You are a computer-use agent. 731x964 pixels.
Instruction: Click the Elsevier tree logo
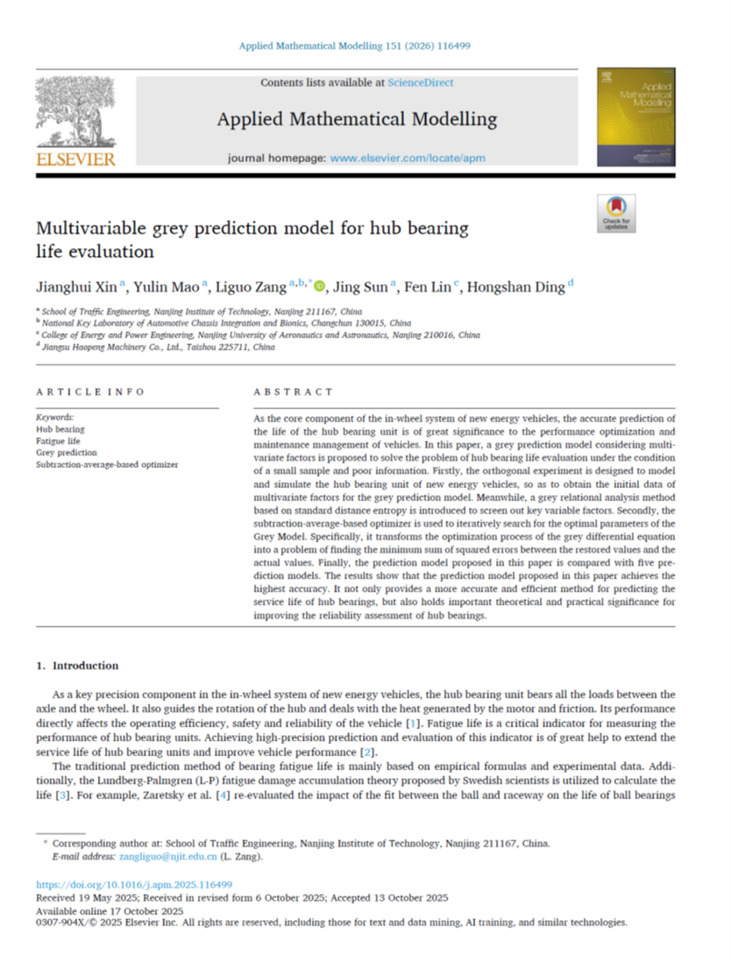click(75, 114)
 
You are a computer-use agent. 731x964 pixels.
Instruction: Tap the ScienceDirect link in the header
click(421, 83)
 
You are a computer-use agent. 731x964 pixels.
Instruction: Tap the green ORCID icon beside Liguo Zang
click(319, 286)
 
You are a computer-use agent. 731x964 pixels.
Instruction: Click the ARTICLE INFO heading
click(89, 392)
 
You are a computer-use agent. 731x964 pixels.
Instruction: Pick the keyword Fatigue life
click(59, 441)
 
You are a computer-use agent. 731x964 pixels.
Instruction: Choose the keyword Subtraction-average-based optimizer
click(107, 464)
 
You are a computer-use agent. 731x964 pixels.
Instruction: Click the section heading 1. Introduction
click(77, 666)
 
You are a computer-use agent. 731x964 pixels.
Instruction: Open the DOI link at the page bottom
click(133, 885)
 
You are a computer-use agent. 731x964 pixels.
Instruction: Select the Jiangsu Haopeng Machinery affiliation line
click(158, 347)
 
